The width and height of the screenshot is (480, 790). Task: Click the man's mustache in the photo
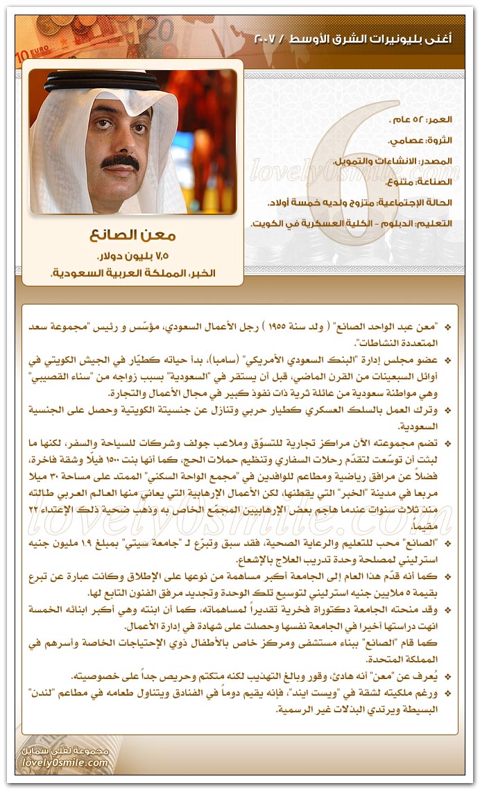point(120,162)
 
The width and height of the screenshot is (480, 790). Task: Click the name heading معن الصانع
point(132,236)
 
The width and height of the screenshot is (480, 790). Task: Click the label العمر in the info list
point(438,119)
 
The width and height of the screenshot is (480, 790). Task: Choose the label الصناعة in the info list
point(434,182)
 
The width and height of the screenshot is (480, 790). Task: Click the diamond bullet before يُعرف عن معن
point(447,677)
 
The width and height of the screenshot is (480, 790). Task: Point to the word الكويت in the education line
point(266,224)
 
